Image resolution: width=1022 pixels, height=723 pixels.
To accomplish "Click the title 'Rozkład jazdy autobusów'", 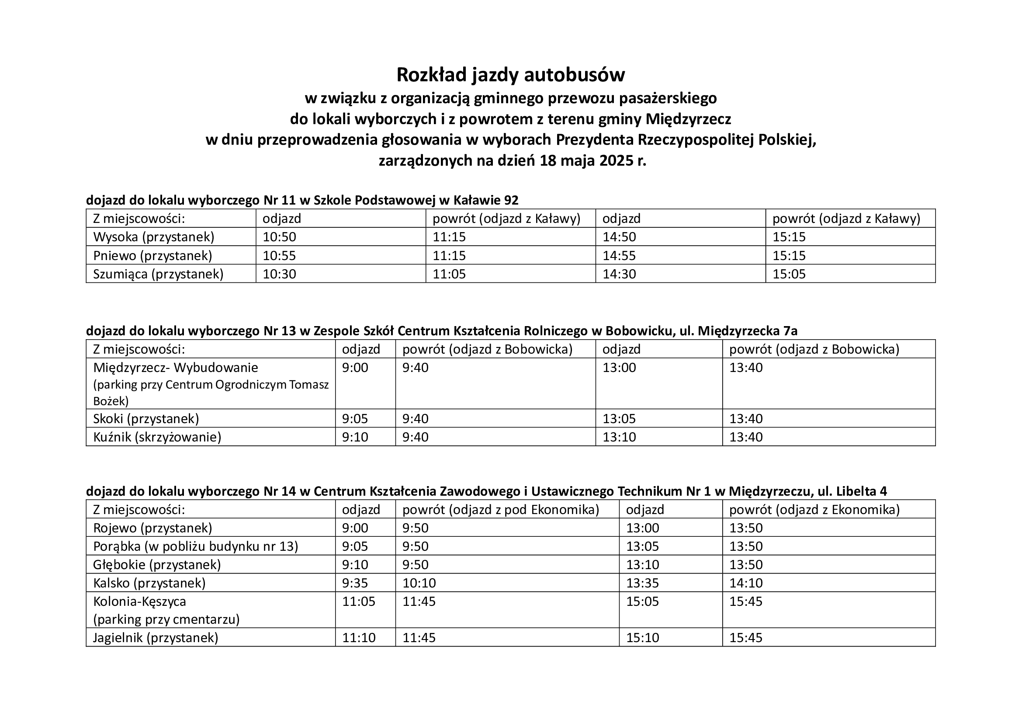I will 510,75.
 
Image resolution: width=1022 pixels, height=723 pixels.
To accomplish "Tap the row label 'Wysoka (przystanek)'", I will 153,237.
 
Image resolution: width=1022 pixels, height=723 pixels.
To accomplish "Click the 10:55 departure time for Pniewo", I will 279,256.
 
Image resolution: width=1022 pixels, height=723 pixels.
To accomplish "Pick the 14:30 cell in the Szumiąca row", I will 619,274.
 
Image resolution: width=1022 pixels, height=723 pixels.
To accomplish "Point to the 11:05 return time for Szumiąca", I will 449,274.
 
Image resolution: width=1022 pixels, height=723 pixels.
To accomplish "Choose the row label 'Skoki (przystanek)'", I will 146,418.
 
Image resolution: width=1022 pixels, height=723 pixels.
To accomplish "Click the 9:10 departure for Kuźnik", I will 355,437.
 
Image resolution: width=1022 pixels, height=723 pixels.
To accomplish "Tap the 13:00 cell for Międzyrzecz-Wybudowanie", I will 619,368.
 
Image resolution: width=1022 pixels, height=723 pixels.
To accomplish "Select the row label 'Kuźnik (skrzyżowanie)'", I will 157,437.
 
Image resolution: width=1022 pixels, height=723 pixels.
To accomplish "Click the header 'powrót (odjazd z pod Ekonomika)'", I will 501,509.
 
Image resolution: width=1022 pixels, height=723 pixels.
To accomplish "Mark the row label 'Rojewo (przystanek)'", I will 152,528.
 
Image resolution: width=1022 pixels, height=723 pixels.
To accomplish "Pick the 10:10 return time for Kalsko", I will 419,583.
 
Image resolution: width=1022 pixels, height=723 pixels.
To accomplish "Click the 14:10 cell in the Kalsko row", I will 745,583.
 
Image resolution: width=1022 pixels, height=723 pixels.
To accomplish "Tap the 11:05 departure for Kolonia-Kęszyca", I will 359,601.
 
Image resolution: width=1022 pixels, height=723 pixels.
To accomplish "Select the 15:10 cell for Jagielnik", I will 642,637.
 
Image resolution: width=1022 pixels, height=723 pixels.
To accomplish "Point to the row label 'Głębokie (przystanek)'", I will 157,564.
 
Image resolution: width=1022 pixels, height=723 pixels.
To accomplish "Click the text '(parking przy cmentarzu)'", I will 166,619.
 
